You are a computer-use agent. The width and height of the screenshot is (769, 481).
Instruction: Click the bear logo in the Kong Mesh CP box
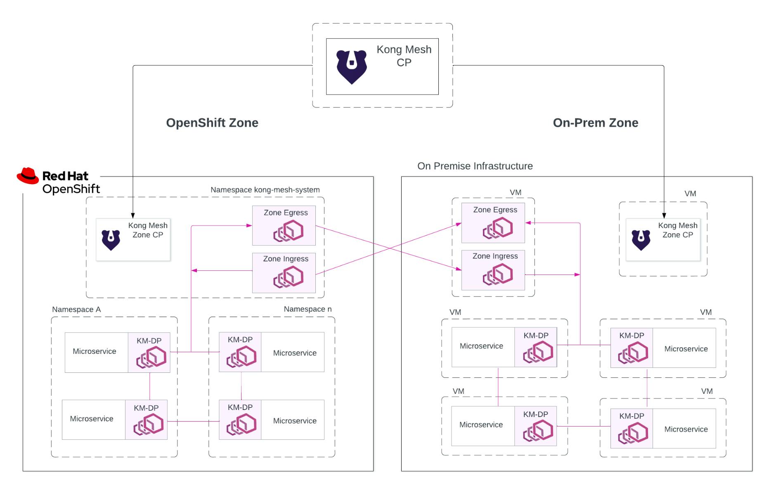point(351,66)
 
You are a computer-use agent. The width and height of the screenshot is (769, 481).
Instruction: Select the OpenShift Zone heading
point(212,123)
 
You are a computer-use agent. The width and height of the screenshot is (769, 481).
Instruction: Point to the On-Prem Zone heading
point(595,123)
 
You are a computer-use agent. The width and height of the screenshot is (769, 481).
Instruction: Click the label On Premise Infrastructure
point(475,166)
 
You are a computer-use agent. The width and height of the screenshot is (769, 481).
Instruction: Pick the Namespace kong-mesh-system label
point(265,190)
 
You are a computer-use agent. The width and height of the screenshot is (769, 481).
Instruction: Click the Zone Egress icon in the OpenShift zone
point(288,231)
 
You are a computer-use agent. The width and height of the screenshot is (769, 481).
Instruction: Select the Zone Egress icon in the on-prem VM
point(498,228)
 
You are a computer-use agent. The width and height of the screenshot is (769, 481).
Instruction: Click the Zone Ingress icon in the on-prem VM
point(498,275)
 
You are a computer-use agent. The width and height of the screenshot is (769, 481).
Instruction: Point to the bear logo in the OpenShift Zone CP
point(111,240)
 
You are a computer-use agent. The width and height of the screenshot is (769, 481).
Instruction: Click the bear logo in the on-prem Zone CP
point(641,240)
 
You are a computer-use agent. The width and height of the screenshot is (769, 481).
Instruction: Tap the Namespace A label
point(76,310)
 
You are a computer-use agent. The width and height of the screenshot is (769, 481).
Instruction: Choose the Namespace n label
point(308,309)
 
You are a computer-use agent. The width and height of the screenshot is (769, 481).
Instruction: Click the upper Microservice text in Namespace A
point(95,351)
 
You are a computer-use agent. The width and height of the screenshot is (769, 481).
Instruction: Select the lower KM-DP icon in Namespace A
point(148,424)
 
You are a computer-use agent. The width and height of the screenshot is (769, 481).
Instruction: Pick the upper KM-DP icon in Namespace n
point(241,356)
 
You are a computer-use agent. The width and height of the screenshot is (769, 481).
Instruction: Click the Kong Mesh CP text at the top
point(404,56)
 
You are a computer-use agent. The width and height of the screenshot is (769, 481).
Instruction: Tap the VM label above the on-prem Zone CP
point(690,194)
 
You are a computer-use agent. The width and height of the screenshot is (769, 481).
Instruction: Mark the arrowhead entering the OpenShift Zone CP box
point(133,216)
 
